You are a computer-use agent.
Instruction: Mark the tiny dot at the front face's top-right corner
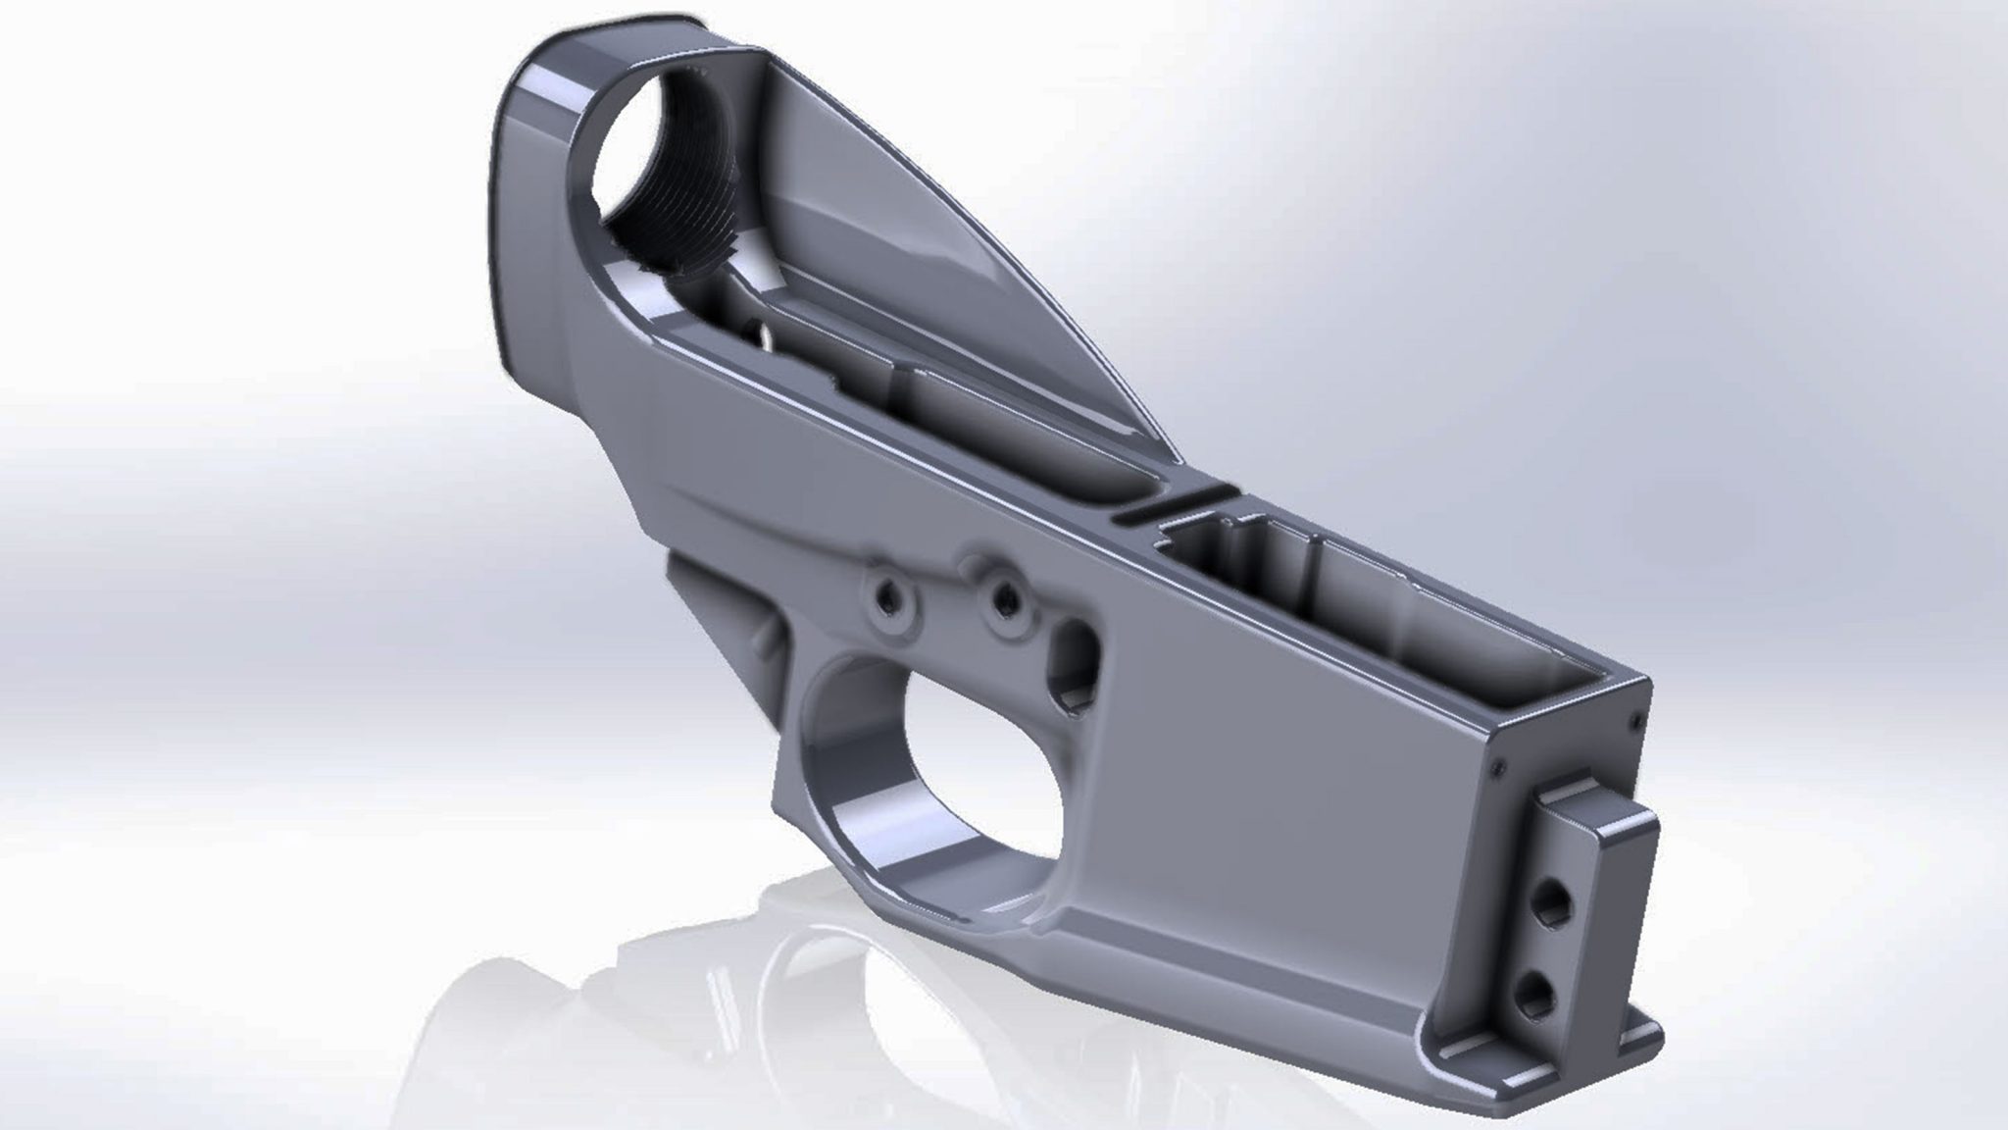click(x=1634, y=723)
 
